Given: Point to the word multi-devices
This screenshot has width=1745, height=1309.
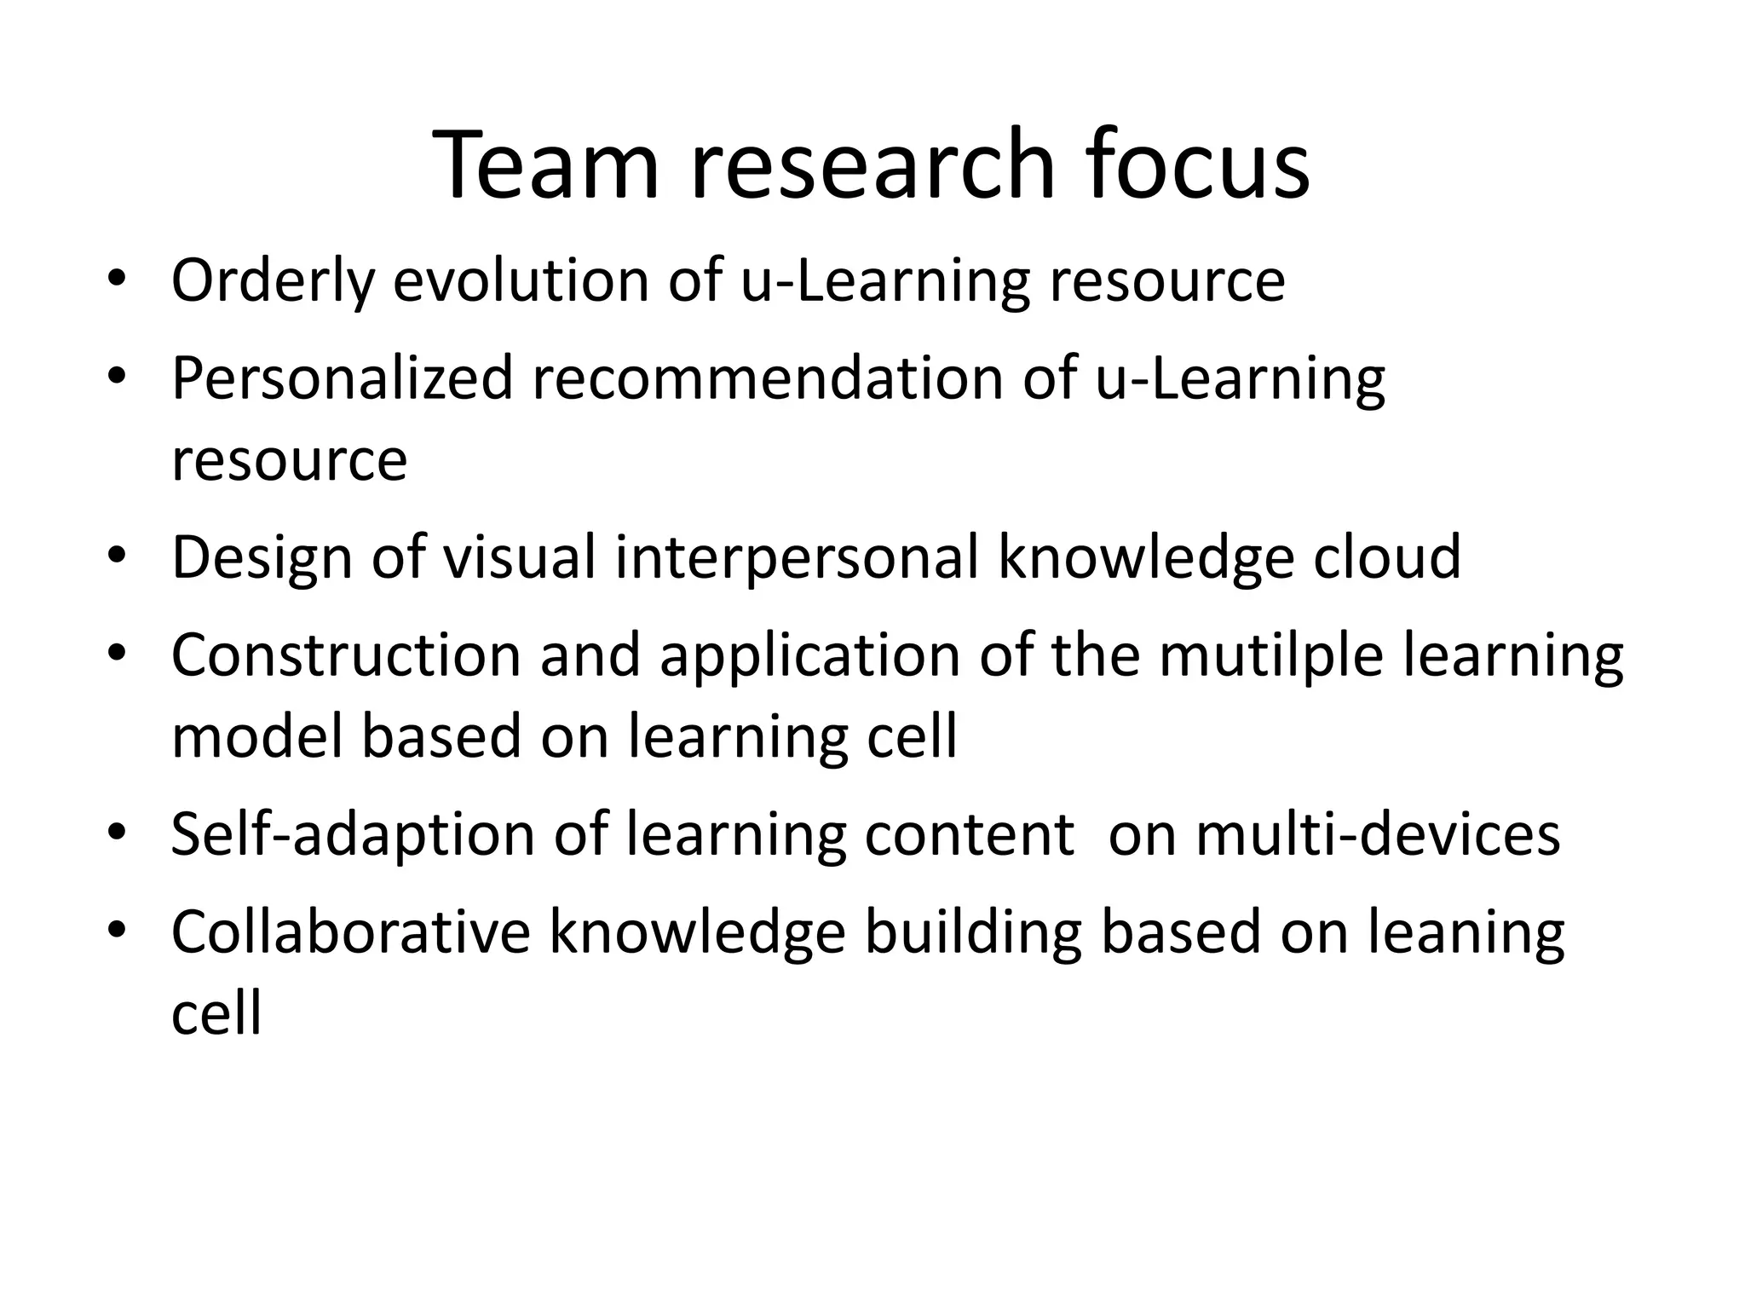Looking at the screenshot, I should click(x=1378, y=834).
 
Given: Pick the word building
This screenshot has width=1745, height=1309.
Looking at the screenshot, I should click(x=973, y=932).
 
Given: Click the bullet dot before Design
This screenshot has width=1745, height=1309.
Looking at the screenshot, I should click(x=117, y=557).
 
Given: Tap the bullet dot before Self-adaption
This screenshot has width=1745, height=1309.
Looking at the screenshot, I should click(x=117, y=834).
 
